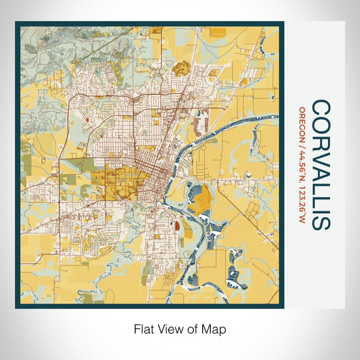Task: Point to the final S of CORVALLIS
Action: click(x=321, y=222)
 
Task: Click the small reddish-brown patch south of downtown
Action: click(x=177, y=225)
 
